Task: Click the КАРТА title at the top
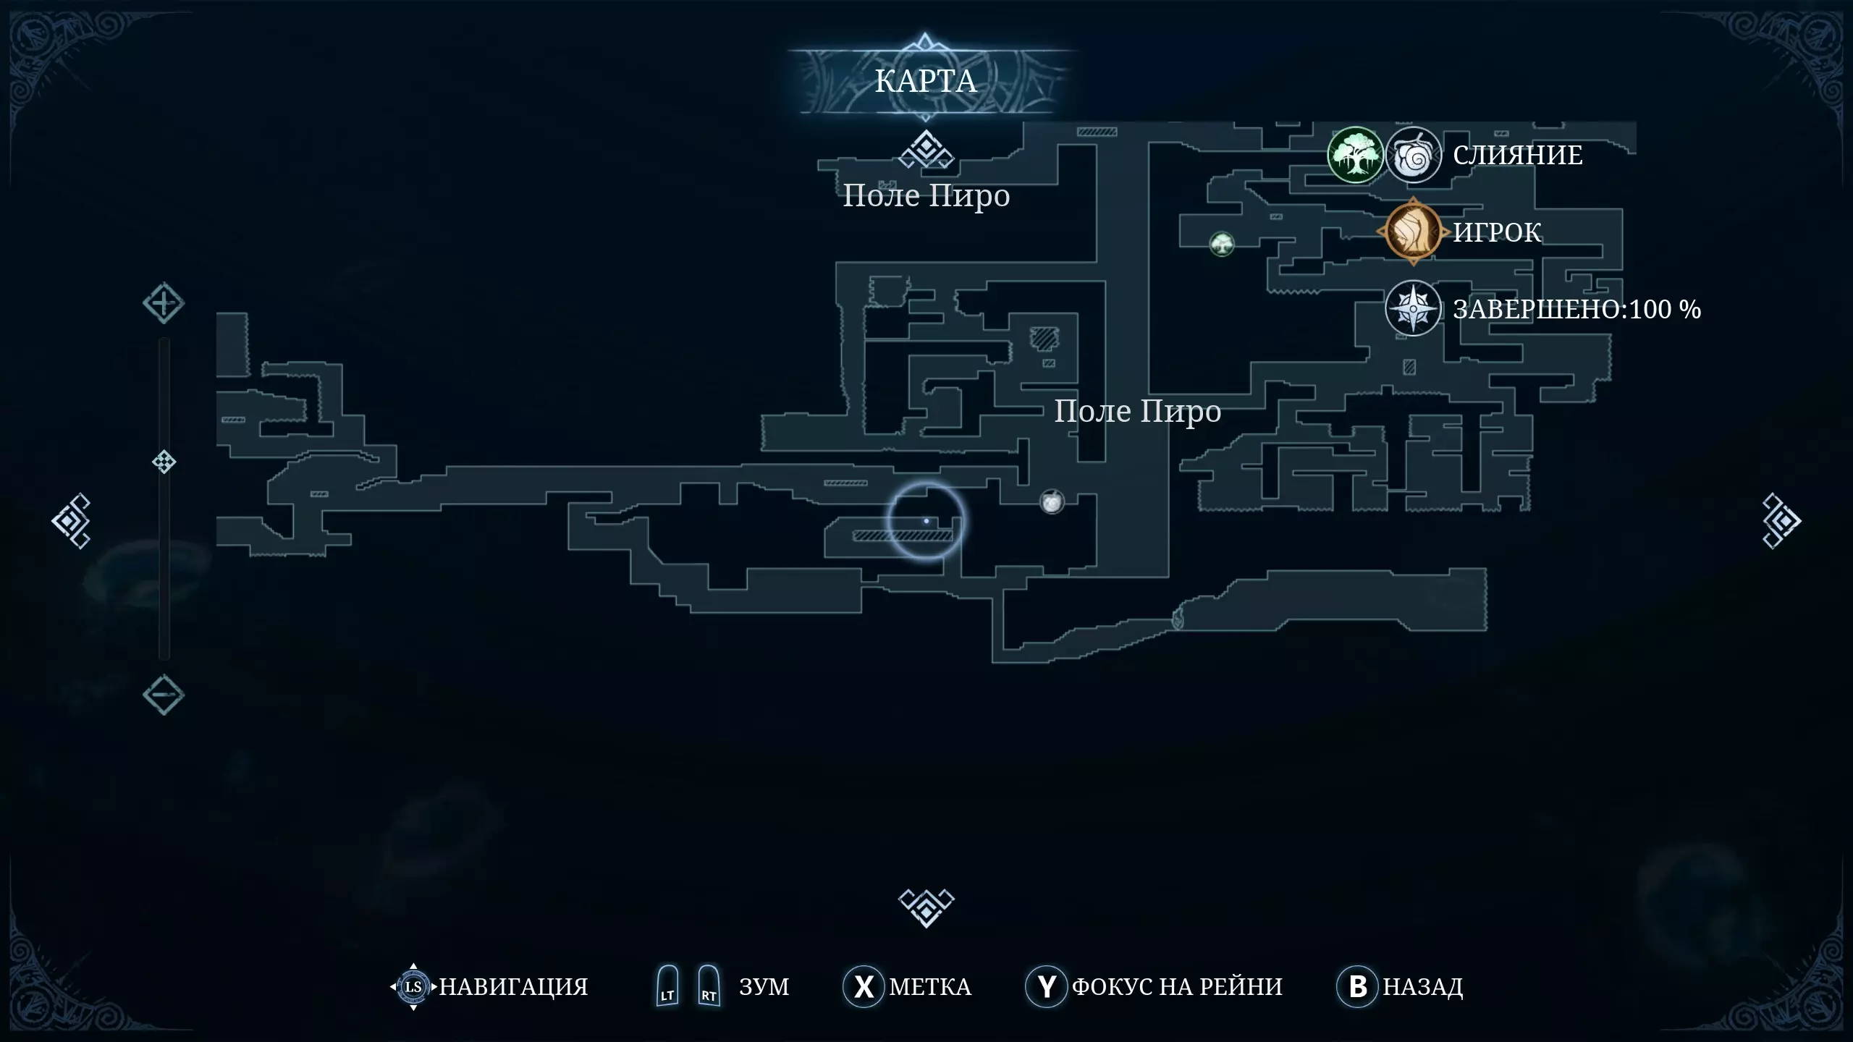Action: [x=926, y=81]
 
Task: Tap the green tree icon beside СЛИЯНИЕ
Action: [x=1355, y=155]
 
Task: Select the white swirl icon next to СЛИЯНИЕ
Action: [x=1413, y=155]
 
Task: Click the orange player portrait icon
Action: [x=1413, y=232]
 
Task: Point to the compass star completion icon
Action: [x=1413, y=309]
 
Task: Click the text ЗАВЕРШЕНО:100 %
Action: [x=1577, y=310]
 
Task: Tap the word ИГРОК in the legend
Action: [x=1498, y=232]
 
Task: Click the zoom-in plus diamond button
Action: [x=164, y=303]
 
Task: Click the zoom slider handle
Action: [x=164, y=462]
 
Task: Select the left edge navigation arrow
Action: [x=71, y=521]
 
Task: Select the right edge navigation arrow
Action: [x=1781, y=521]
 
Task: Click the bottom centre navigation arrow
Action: [x=926, y=907]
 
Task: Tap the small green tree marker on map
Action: [x=1222, y=244]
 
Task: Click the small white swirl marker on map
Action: [x=1052, y=501]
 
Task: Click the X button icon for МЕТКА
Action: [x=864, y=986]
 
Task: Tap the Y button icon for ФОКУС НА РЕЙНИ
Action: [x=1047, y=986]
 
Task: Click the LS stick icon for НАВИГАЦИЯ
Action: [x=413, y=986]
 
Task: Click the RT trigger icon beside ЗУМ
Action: [x=709, y=986]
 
